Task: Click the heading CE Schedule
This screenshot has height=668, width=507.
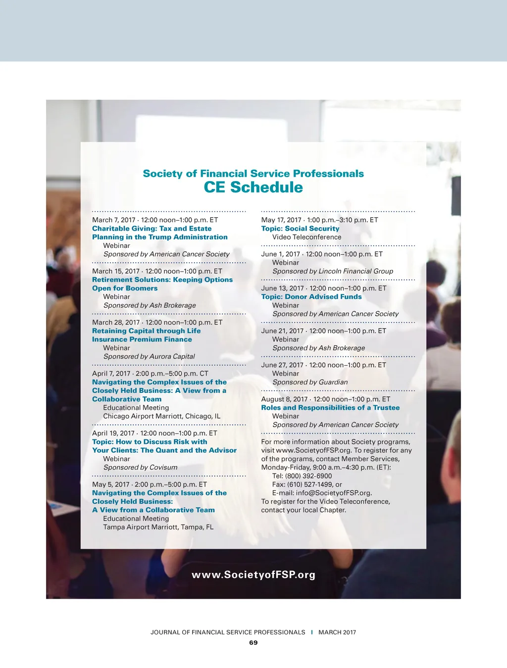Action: pyautogui.click(x=253, y=188)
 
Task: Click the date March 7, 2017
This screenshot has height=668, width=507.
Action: pyautogui.click(x=113, y=220)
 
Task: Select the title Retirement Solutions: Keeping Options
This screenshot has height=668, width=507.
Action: pyautogui.click(x=162, y=280)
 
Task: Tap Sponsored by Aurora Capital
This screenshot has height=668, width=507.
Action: pyautogui.click(x=149, y=356)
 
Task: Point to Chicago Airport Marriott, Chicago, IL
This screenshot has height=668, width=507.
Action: pyautogui.click(x=161, y=416)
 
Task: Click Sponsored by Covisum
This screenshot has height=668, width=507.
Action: pyautogui.click(x=140, y=467)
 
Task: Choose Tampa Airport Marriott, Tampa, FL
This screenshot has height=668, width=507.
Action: pyautogui.click(x=158, y=527)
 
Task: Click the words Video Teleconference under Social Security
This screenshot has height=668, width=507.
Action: pyautogui.click(x=306, y=237)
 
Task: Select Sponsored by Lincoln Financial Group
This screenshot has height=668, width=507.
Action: pyautogui.click(x=333, y=271)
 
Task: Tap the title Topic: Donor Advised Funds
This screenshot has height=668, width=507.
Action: pyautogui.click(x=311, y=297)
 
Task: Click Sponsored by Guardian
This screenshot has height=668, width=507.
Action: pyautogui.click(x=310, y=382)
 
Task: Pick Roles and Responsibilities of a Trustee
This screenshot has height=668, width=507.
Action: pyautogui.click(x=330, y=408)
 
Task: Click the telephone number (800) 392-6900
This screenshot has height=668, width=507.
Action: pyautogui.click(x=308, y=476)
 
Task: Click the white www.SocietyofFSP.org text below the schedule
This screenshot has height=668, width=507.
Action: pyautogui.click(x=253, y=575)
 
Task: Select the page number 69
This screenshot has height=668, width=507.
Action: pyautogui.click(x=253, y=643)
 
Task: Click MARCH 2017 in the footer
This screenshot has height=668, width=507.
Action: pyautogui.click(x=337, y=632)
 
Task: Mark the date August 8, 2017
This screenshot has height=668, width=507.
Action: pyautogui.click(x=284, y=399)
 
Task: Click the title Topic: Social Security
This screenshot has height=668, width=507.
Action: pyautogui.click(x=300, y=229)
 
